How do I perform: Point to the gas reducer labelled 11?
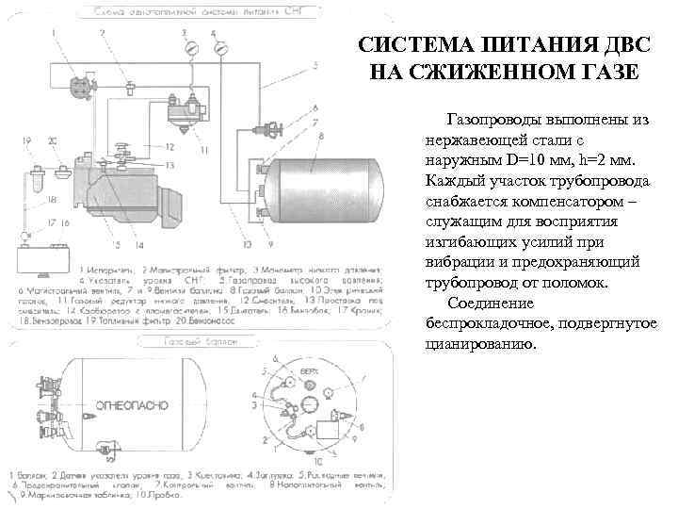coord(187,109)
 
